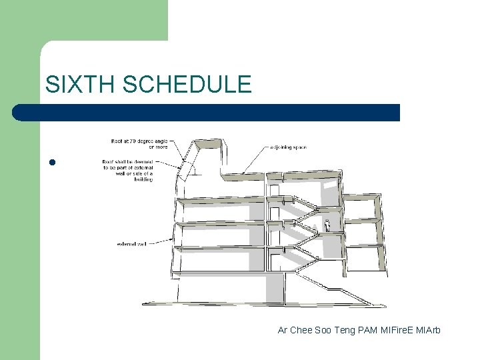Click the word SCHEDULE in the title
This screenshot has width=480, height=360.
tap(187, 84)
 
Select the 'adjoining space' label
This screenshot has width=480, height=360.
tap(288, 146)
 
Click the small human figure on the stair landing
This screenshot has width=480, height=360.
tap(327, 225)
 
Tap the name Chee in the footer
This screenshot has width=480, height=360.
tap(303, 330)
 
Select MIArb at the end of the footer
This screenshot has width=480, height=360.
tap(428, 330)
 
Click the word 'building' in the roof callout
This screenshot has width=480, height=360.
tap(143, 179)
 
